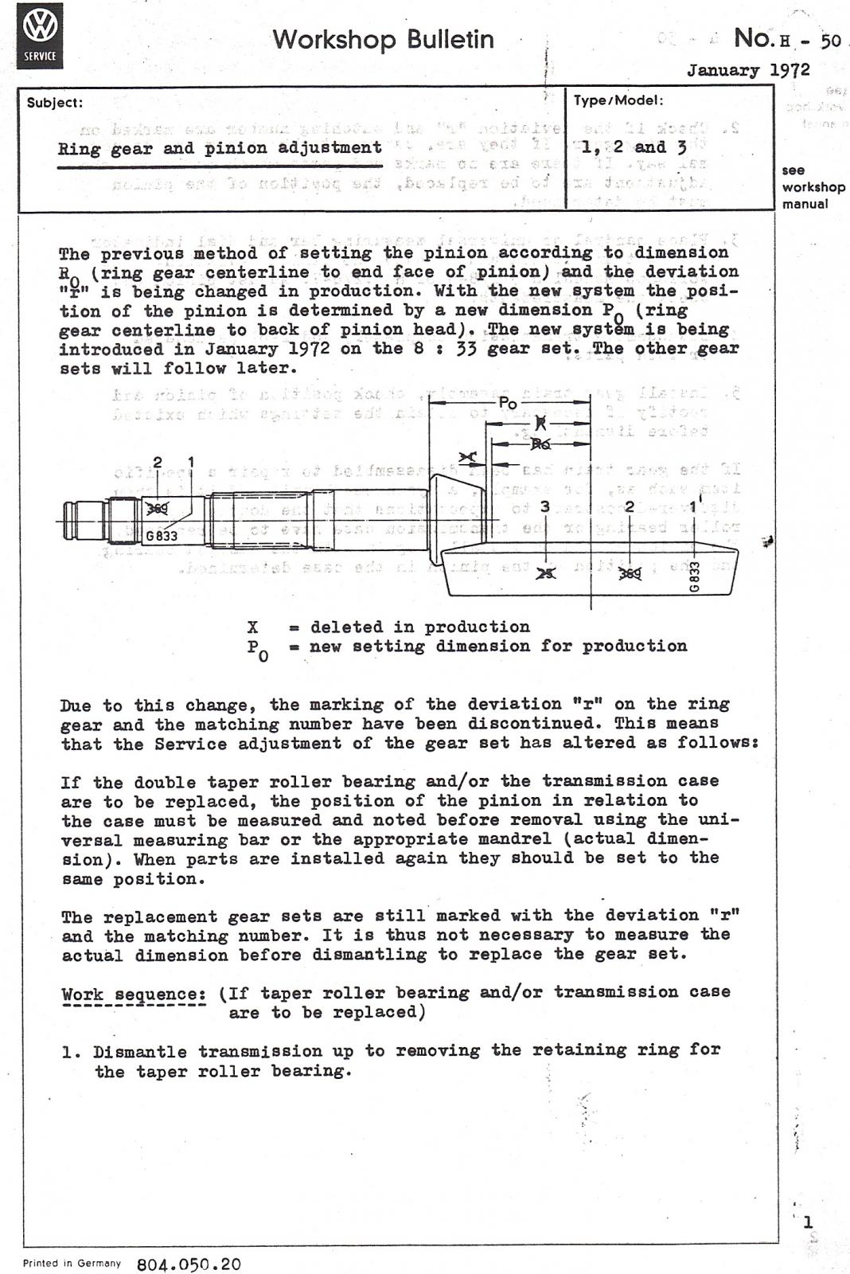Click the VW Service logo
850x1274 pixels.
(40, 36)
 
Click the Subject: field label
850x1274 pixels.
(54, 103)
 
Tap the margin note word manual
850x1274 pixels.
(805, 204)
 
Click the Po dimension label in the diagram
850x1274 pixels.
(508, 404)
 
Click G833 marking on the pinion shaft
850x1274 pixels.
(162, 536)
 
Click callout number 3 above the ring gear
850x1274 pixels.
(545, 506)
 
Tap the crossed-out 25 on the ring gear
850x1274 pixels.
(545, 573)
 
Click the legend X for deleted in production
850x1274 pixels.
(253, 627)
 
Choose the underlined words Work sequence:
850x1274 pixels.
(134, 995)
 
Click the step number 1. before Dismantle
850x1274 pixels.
(72, 1052)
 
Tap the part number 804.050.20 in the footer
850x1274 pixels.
(189, 1264)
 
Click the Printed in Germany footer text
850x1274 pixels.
(72, 1263)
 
